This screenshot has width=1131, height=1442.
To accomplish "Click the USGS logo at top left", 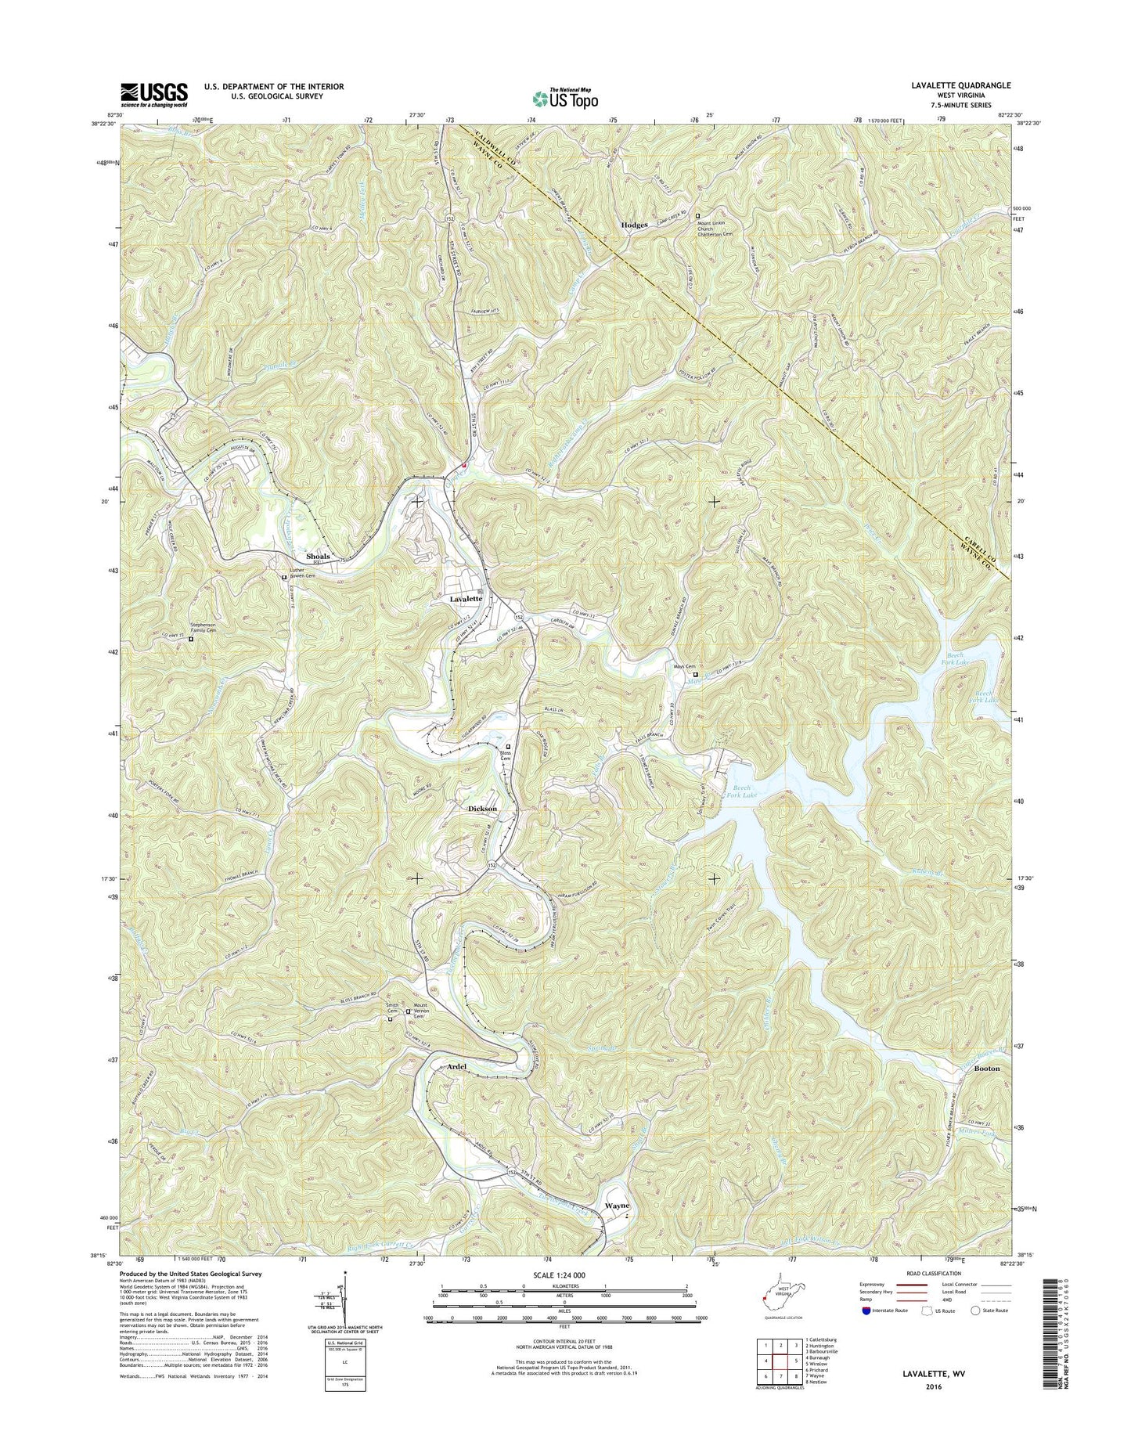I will (x=153, y=94).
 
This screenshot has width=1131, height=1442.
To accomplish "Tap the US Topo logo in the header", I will (x=565, y=98).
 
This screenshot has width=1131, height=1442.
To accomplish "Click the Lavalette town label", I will (x=466, y=598).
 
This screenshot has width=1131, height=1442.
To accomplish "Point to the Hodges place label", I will (x=634, y=225).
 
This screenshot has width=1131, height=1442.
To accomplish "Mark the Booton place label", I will (x=987, y=1068).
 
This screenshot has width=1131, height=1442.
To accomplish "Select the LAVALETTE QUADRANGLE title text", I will (x=961, y=85).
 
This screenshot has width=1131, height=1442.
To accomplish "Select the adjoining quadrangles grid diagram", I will (x=771, y=1361).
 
